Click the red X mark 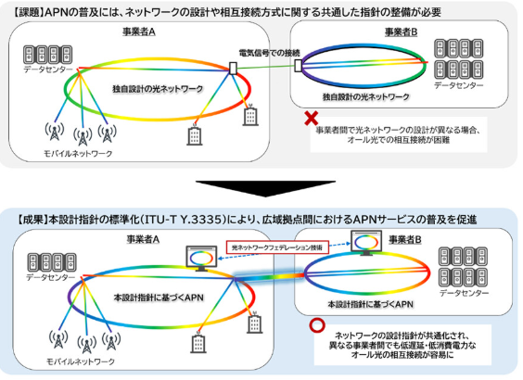312,119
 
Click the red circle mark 317,325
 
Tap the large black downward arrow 265,189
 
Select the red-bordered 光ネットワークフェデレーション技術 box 277,247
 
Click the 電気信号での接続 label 270,53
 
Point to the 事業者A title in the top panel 139,32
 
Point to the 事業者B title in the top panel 401,32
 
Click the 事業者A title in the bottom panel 143,239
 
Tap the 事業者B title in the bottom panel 405,240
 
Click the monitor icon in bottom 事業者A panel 201,259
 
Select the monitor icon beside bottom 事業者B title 366,243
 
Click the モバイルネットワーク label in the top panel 78,154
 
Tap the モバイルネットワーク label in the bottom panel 81,361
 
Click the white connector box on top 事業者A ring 233,68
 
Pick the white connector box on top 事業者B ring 298,65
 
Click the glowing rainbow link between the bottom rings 269,278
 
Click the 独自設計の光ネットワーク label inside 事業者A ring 158,89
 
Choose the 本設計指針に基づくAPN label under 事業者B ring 370,304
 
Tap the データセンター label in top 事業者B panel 459,85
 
